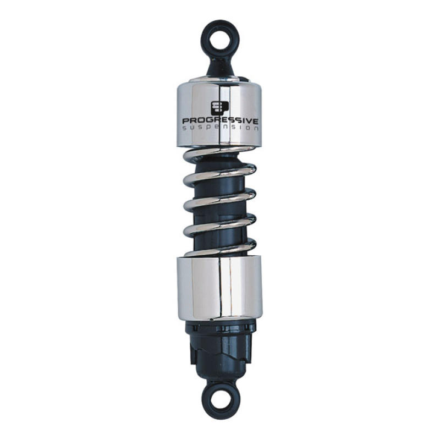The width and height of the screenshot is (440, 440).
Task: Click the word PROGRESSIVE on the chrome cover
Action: [x=220, y=120]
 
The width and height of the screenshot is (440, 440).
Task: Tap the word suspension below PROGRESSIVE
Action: [x=220, y=128]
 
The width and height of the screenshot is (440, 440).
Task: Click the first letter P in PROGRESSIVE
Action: [x=185, y=119]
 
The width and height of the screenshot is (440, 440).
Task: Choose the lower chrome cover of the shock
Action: [x=220, y=289]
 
